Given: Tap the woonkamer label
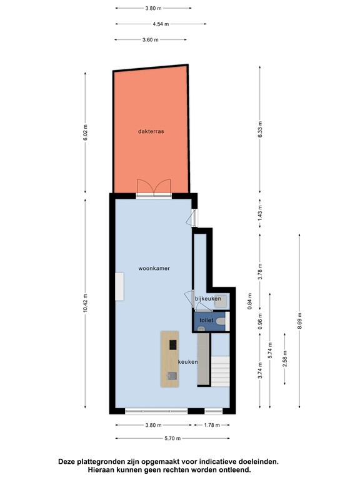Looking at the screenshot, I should pos(154,268).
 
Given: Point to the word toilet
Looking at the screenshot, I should pos(206,320).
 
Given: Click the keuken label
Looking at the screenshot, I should pos(188,362).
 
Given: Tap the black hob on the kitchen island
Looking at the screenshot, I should pos(172,344).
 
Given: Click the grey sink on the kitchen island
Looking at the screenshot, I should pos(171,376).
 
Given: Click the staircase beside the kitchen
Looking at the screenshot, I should pos(222,371).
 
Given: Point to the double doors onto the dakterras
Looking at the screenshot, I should pos(154,187).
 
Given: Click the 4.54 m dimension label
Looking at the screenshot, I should pos(153,24).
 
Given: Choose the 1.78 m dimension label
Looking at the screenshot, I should pos(213,425).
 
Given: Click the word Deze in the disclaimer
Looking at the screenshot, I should pos(68,461).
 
